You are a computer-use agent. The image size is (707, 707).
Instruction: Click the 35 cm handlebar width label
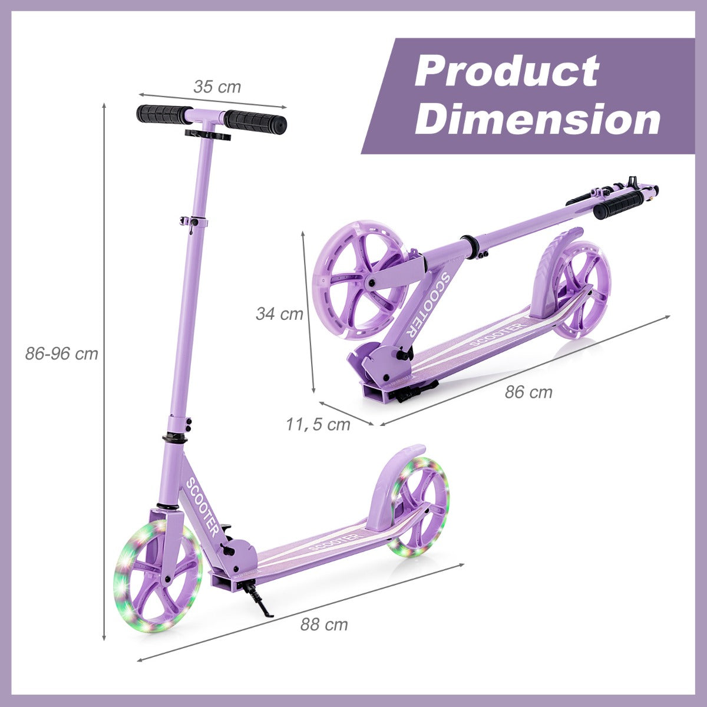coord(217,87)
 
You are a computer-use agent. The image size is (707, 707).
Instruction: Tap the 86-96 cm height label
coord(62,354)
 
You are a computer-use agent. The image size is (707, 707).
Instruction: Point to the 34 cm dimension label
coord(280,313)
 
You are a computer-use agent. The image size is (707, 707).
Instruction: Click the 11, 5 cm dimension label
coord(318,424)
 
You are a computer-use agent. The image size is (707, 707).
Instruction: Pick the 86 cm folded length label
coord(528,392)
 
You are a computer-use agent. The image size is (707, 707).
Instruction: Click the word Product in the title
coord(507,71)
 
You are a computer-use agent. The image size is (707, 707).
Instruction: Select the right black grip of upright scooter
coord(256,120)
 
